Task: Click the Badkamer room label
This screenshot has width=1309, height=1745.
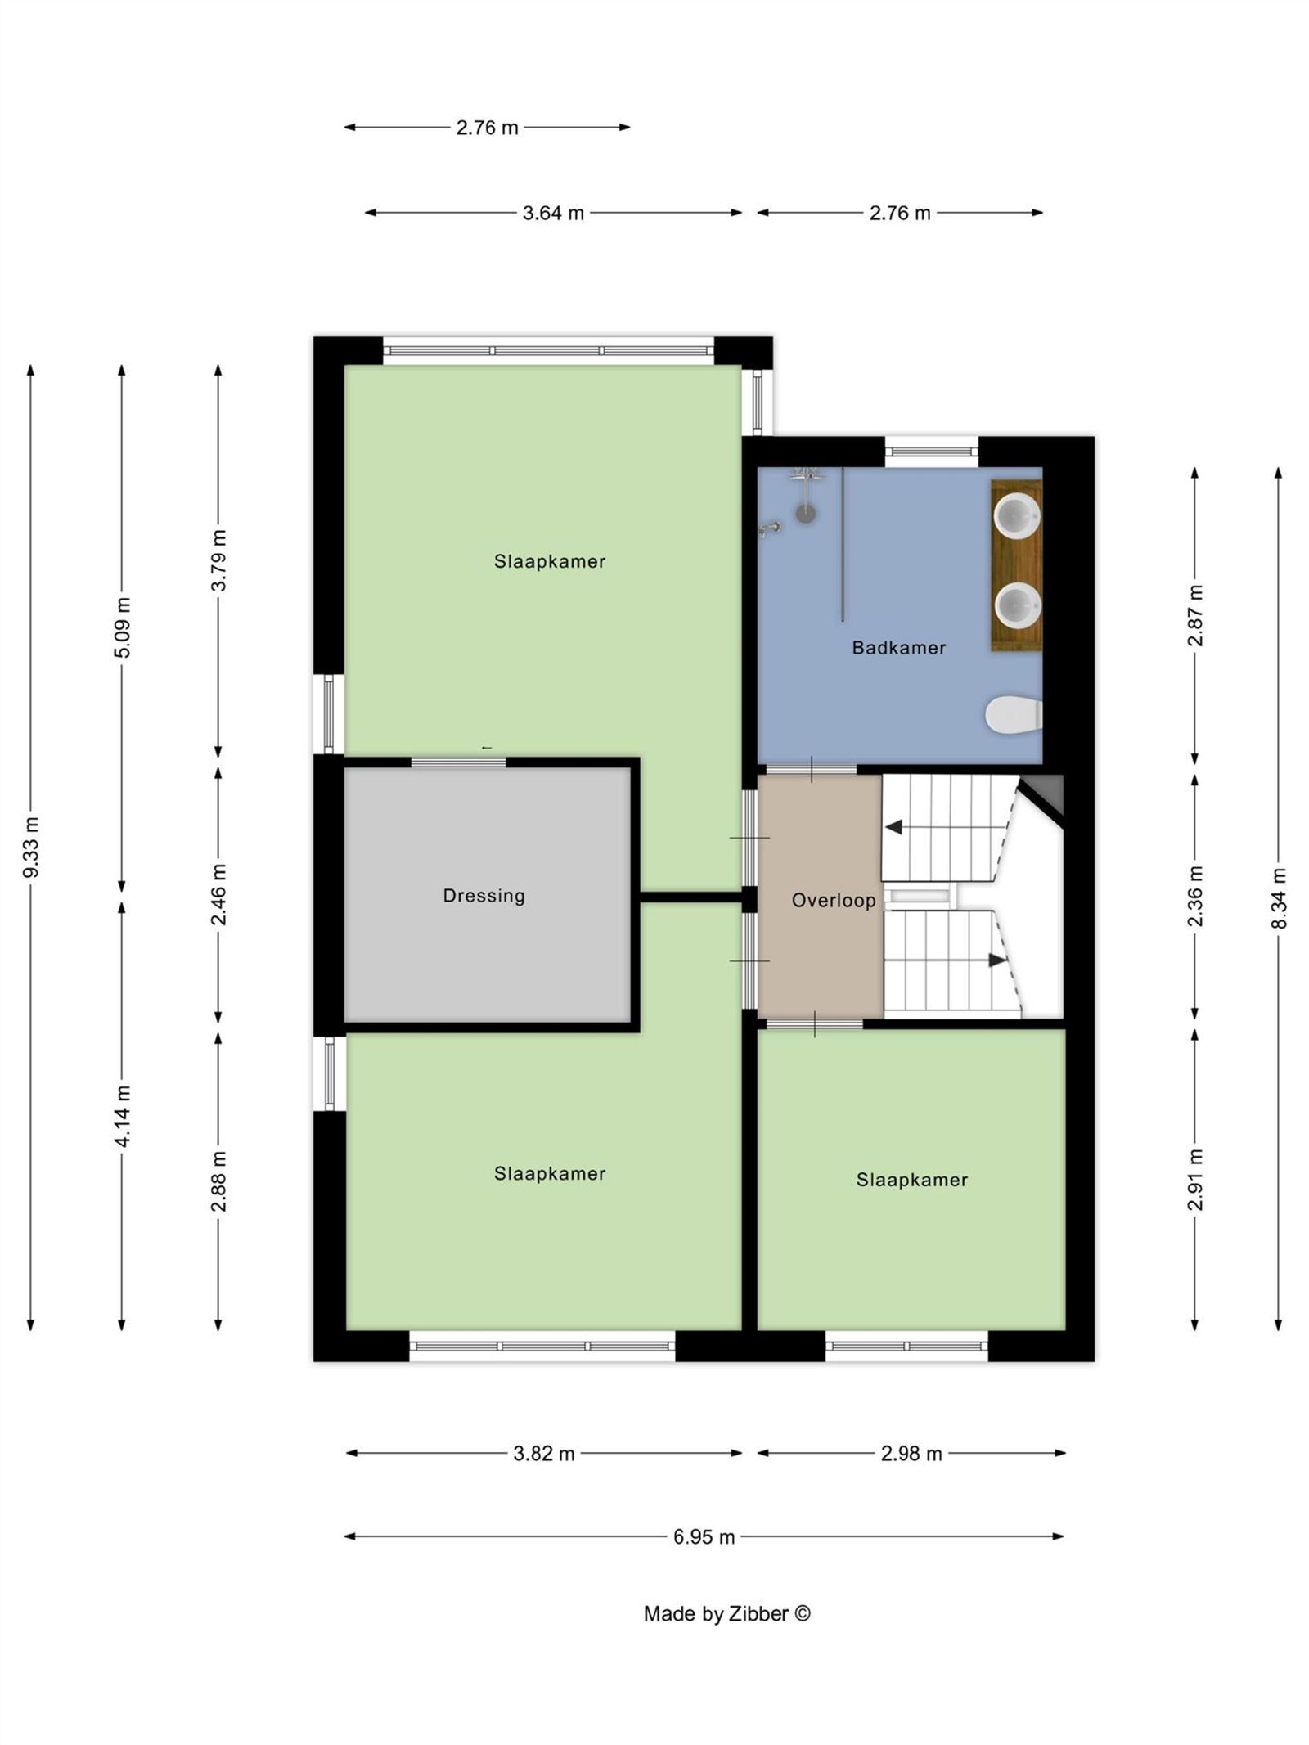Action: (x=897, y=647)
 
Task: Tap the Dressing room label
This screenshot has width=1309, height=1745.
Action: (x=484, y=895)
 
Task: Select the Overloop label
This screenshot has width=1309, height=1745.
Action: (x=833, y=900)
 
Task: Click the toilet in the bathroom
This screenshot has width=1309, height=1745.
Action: (x=1013, y=715)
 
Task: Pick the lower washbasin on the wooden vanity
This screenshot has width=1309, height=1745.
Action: (x=1016, y=606)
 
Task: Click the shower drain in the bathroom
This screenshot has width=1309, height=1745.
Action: (x=806, y=513)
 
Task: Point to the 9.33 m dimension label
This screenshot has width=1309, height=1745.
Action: (x=31, y=847)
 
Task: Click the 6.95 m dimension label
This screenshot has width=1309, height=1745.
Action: (x=704, y=1536)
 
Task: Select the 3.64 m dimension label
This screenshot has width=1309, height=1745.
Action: (x=553, y=213)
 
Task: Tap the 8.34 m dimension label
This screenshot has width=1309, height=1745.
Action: (x=1279, y=898)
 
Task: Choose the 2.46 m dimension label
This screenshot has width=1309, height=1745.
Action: (x=218, y=894)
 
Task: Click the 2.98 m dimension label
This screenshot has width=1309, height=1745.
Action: (x=911, y=1453)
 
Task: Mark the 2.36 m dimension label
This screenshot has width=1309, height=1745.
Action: (x=1195, y=896)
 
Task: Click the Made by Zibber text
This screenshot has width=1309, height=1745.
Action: (x=726, y=1613)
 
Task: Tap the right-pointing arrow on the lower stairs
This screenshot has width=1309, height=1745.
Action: (x=996, y=960)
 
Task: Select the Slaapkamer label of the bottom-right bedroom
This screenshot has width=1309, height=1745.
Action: (x=911, y=1180)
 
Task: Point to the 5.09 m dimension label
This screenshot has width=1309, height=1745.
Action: (x=122, y=627)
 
